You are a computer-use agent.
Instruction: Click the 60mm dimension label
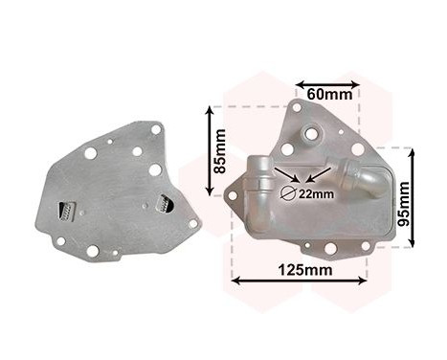[x=329, y=94]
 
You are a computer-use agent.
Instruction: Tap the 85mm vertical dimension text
[x=220, y=151]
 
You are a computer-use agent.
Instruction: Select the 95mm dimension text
[x=403, y=204]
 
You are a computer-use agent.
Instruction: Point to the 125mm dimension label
[x=305, y=270]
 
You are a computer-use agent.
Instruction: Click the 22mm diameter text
[x=316, y=193]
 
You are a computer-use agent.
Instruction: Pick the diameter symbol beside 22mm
[x=289, y=193]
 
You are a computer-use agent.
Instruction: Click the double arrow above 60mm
[x=327, y=84]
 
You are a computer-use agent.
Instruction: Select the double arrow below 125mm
[x=300, y=281]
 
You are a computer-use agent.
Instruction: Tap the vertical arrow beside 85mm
[x=210, y=150]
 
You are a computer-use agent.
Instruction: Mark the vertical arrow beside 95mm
[x=413, y=198]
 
